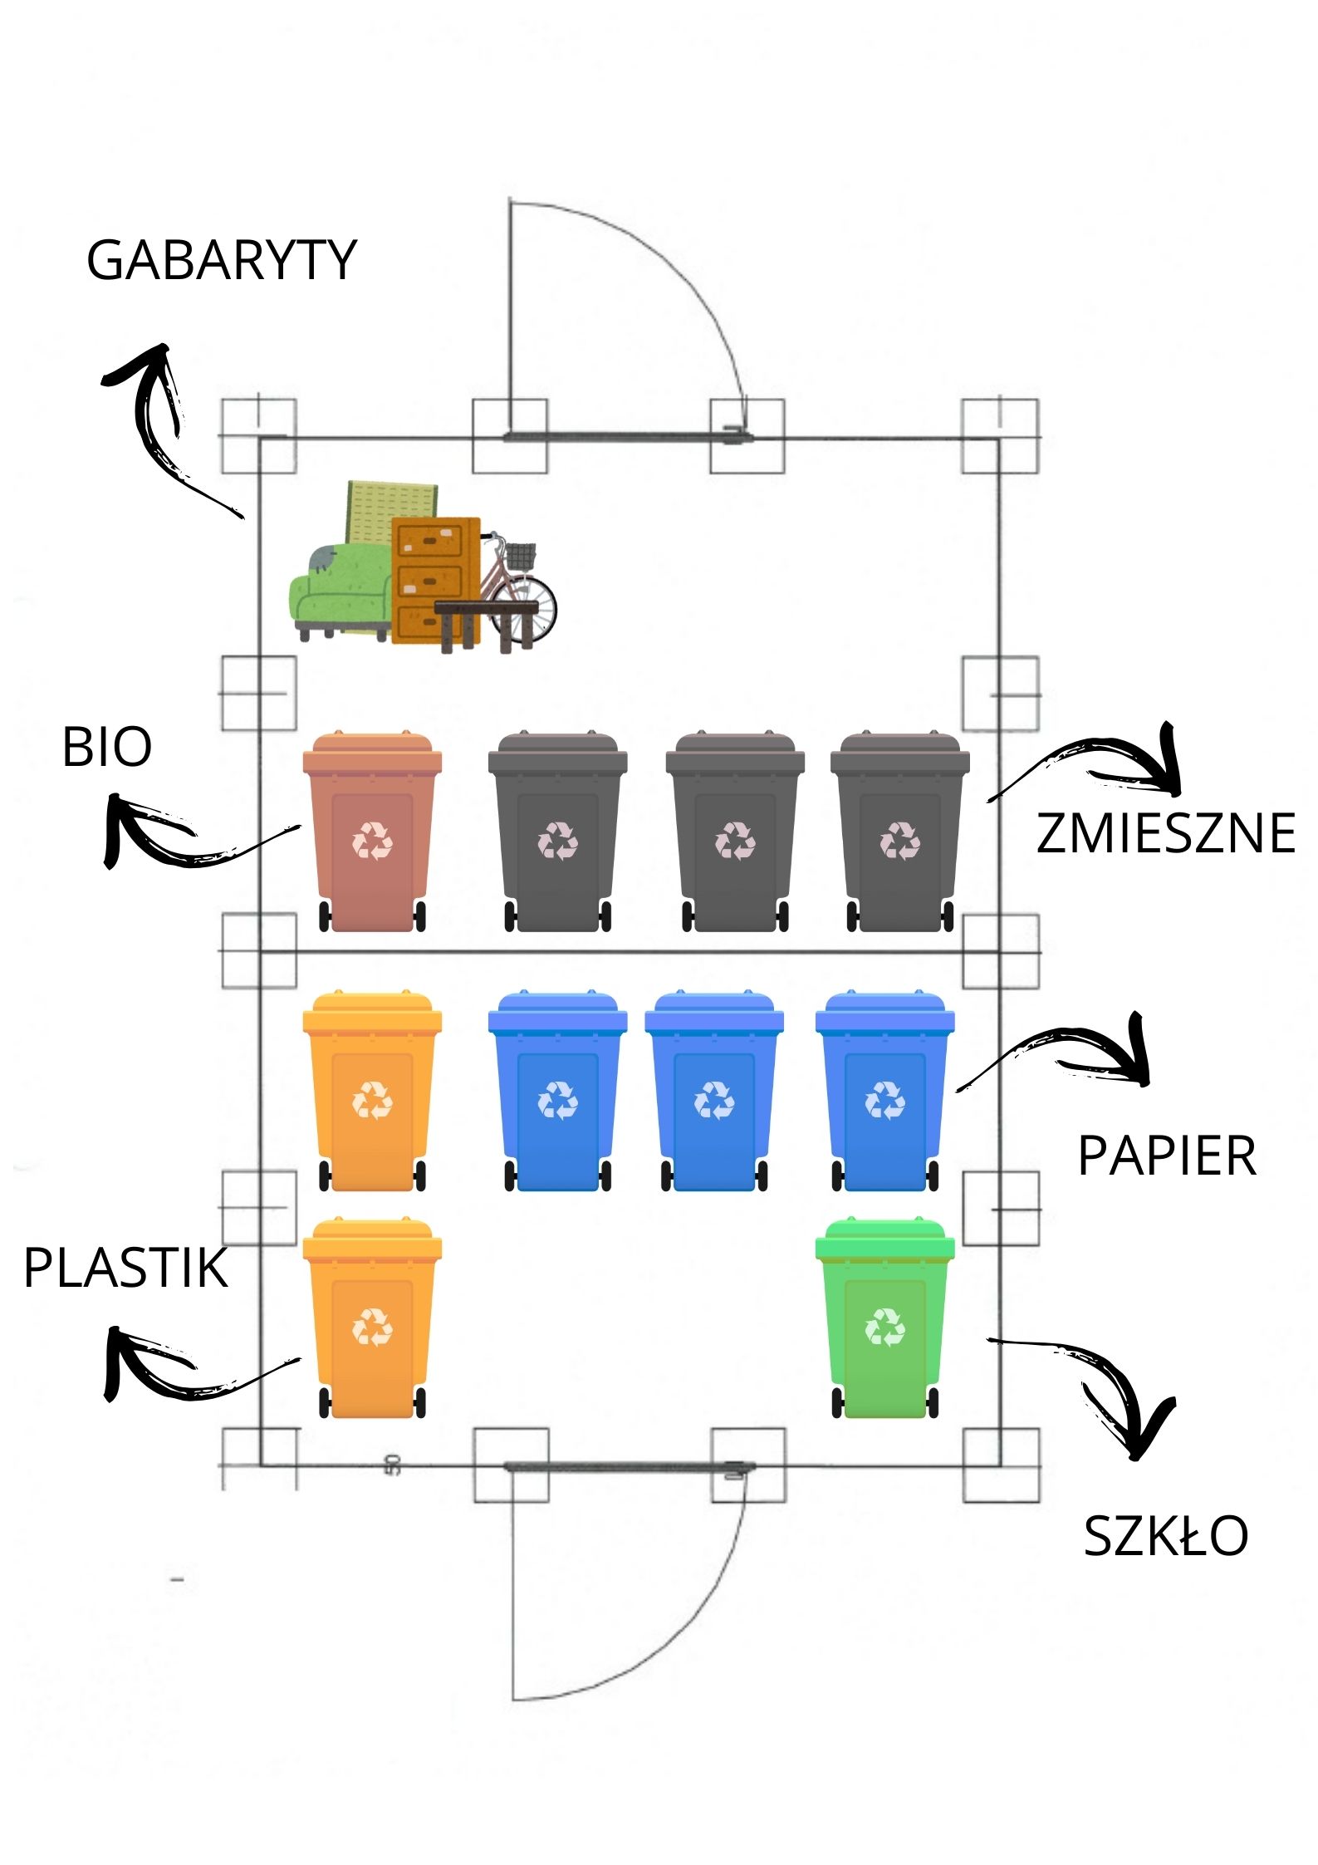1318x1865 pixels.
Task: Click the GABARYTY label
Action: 221,261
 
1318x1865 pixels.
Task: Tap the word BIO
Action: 107,747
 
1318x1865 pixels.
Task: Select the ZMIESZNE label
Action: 1165,833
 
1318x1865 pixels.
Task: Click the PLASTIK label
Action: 125,1269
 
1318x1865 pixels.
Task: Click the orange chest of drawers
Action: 432,565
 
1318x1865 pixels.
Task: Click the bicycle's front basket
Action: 521,556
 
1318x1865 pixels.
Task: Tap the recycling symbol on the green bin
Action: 885,1327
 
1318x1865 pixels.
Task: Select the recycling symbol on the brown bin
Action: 372,841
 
